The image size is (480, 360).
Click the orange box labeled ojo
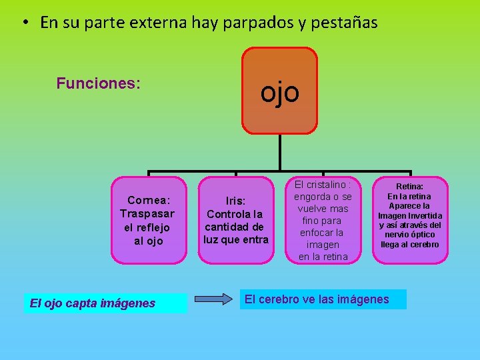click(x=279, y=91)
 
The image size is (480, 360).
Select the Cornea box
click(x=147, y=220)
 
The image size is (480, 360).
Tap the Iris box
click(x=235, y=220)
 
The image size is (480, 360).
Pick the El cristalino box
click(x=323, y=220)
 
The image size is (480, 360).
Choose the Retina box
click(x=409, y=220)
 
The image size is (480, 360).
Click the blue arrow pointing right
click(x=213, y=299)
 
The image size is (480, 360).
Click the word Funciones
click(x=98, y=83)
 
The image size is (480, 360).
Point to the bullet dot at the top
click(x=23, y=23)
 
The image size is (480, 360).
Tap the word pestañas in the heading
click(x=346, y=23)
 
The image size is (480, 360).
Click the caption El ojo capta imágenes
click(x=93, y=303)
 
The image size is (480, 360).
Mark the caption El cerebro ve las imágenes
click(x=317, y=299)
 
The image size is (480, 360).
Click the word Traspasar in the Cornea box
click(x=147, y=213)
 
